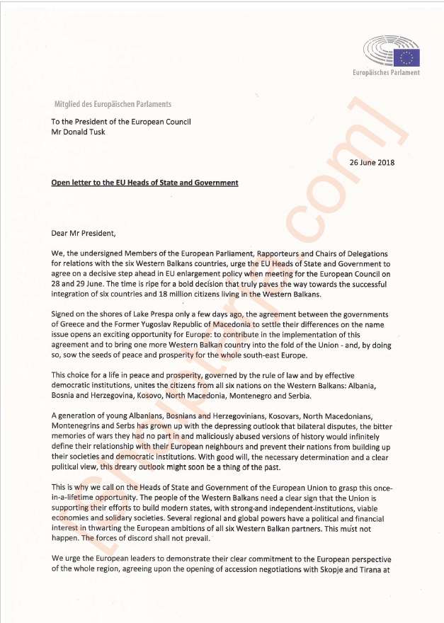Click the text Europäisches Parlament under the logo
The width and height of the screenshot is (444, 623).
pos(387,72)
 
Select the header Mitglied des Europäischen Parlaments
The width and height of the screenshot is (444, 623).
pos(113,105)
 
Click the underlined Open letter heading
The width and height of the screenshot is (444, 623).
pos(144,183)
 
